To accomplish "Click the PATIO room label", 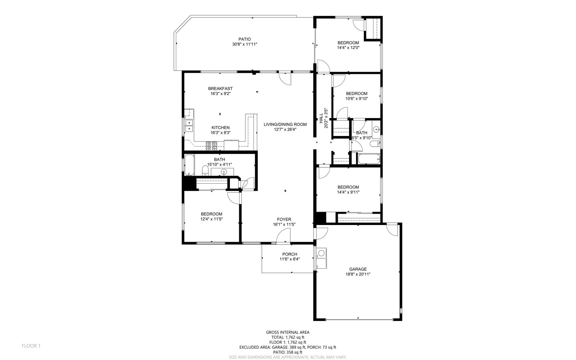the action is (245, 39).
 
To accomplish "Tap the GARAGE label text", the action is (358, 269).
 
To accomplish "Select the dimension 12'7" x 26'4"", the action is (285, 129).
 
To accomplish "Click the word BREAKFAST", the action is (220, 89).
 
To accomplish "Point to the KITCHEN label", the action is (221, 128).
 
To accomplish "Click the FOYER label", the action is (284, 219).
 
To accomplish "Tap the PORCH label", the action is (289, 254).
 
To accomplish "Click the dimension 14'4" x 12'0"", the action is (348, 48).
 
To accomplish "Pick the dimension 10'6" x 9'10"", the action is (356, 99).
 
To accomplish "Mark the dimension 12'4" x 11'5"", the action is (211, 219).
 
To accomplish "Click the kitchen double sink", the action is (189, 125).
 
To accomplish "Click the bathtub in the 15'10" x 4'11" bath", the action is (189, 165).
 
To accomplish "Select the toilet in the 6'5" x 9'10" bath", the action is (375, 144).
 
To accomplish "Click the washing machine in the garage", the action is (322, 253).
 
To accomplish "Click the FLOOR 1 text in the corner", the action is (31, 346).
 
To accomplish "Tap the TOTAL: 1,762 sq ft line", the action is (288, 337).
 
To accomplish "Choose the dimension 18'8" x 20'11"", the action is (358, 274).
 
